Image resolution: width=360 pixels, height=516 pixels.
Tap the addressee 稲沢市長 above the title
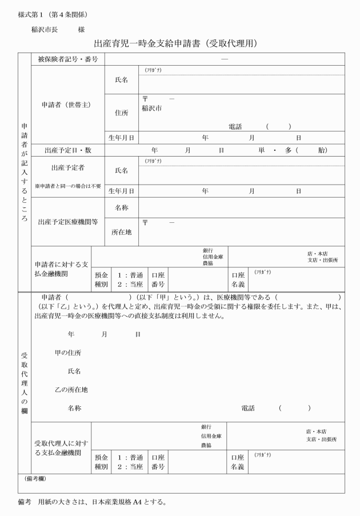43,29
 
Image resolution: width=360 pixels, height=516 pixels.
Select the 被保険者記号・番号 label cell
68,59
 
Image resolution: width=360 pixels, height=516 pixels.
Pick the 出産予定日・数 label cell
68,150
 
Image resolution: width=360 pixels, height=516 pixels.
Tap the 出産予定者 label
68,168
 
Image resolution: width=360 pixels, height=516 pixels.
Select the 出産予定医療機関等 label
68,222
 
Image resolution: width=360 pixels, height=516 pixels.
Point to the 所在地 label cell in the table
122,232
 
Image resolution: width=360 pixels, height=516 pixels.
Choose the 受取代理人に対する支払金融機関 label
61,447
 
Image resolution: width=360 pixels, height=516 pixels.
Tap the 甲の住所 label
67,353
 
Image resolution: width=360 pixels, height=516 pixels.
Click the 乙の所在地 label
71,390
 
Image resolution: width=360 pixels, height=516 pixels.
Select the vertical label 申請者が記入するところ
25,171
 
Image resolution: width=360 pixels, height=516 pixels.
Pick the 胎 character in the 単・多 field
322,150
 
